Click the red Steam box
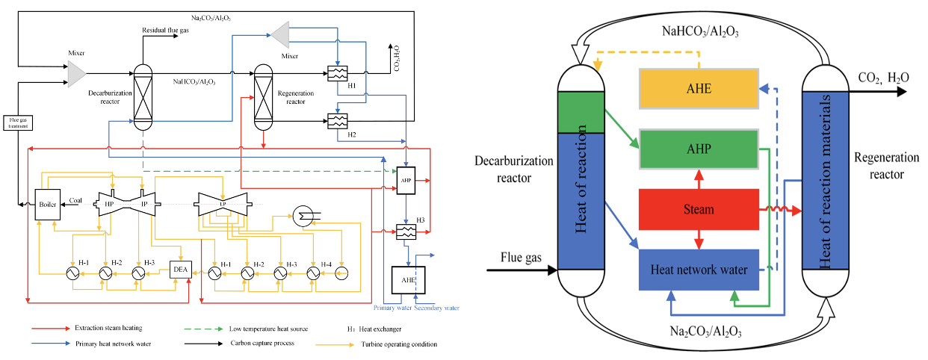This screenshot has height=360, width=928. click(x=699, y=210)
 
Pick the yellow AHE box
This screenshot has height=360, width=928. click(x=699, y=89)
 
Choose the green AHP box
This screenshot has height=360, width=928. click(x=699, y=149)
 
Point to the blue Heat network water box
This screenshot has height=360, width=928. click(x=699, y=270)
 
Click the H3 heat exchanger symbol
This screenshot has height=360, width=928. click(x=406, y=232)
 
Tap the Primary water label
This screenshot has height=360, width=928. click(x=392, y=307)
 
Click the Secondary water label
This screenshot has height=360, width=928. click(x=438, y=307)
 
